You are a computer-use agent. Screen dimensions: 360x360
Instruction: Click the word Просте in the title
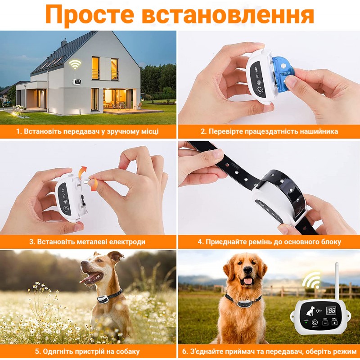[90, 15]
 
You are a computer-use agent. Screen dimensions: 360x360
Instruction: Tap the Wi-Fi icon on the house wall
[75, 64]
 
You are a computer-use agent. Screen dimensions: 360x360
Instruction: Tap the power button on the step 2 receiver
[260, 90]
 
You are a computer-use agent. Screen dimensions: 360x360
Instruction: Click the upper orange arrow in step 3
[82, 172]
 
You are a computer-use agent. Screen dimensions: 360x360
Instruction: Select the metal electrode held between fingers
[87, 181]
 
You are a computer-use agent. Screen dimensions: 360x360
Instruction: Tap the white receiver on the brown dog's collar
[103, 299]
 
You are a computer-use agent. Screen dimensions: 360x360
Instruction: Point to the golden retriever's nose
[248, 270]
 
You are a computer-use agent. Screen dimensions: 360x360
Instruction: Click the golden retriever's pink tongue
[248, 281]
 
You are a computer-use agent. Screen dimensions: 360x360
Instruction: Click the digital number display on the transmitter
[331, 310]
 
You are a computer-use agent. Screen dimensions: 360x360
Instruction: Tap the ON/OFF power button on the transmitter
[315, 322]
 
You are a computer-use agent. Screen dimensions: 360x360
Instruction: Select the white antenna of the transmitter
[337, 281]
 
